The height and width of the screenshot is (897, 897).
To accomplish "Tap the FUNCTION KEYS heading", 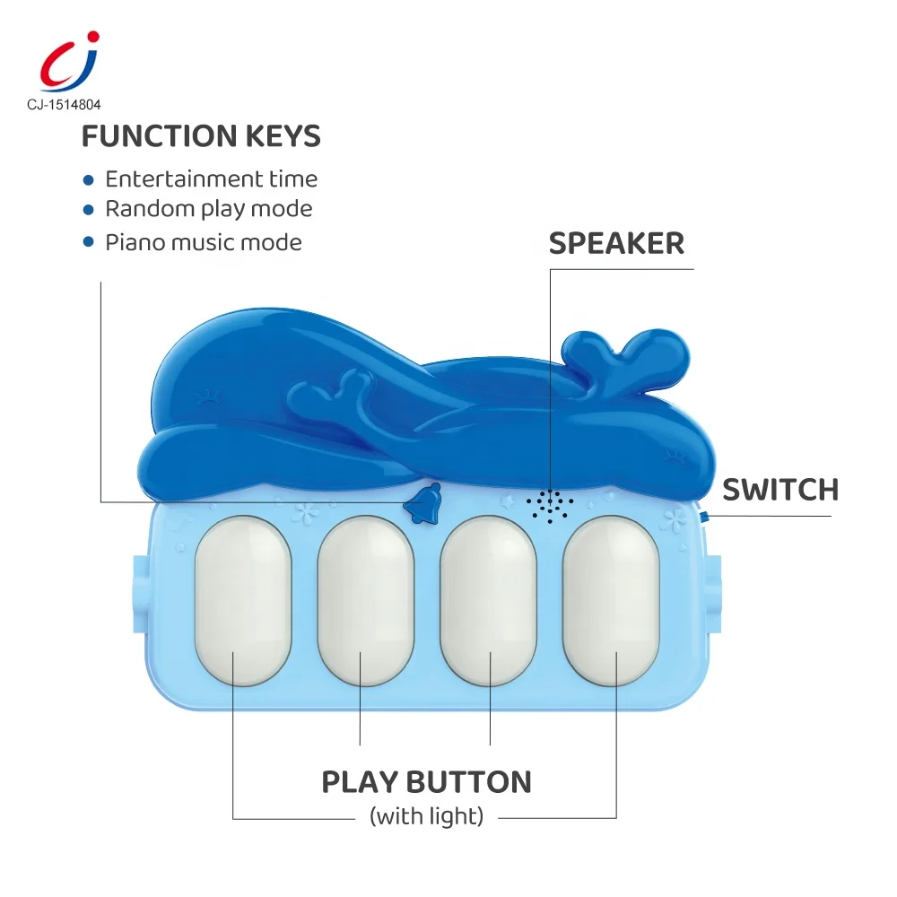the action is tap(201, 136).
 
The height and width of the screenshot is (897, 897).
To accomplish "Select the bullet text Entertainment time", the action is tap(211, 179).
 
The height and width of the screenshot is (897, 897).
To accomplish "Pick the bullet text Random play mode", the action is tap(209, 209).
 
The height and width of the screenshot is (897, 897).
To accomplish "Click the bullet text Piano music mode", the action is tap(204, 242).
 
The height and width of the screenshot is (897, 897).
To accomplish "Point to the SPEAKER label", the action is tap(616, 243).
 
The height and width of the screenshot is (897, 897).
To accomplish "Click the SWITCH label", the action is tap(780, 490).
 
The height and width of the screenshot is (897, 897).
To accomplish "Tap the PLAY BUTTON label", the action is tap(426, 781).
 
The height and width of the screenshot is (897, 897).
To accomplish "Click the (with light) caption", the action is tap(426, 816).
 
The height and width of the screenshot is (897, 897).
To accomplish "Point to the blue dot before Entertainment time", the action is tap(88, 180).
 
